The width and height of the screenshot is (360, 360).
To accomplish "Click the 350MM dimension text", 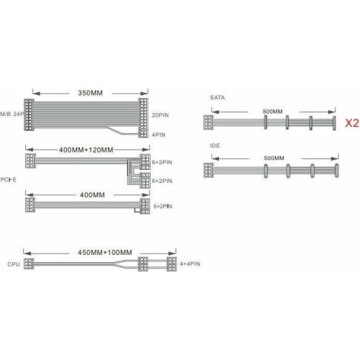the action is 90,93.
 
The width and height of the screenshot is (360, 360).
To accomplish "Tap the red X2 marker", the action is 352,123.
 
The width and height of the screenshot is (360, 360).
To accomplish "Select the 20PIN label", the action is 160,115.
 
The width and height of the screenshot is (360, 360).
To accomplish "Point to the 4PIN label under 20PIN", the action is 158,135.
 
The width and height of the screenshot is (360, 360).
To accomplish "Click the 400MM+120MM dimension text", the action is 86,150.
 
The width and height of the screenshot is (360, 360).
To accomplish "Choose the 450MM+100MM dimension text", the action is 105,253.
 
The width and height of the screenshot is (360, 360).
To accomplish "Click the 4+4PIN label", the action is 190,264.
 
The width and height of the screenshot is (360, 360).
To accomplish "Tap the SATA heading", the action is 217,97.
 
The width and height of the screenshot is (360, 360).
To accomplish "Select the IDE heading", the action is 215,145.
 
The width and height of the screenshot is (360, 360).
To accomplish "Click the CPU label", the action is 14,264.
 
